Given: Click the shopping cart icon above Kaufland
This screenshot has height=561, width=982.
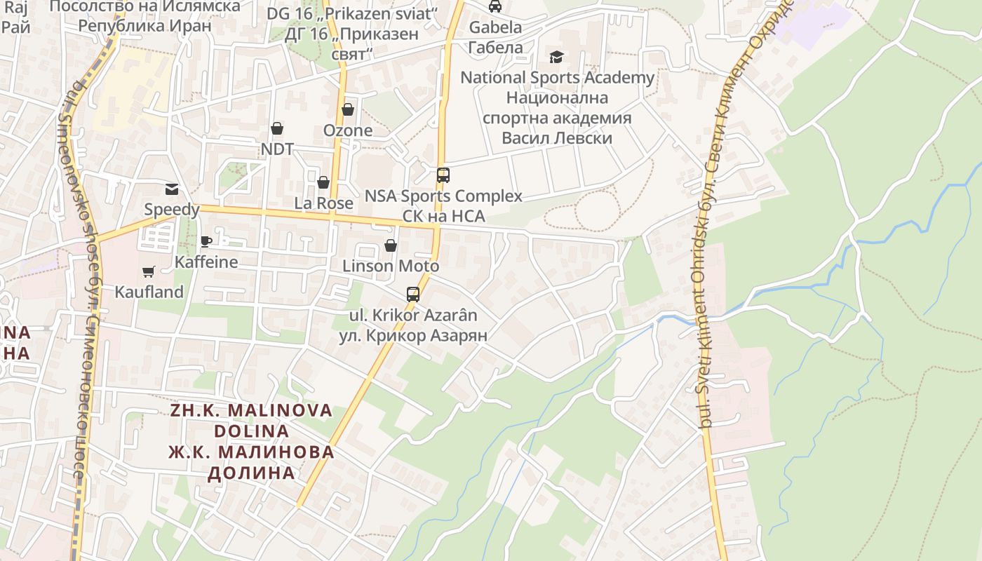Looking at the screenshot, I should (x=148, y=271).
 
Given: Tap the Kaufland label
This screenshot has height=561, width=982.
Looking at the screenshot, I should (x=149, y=292).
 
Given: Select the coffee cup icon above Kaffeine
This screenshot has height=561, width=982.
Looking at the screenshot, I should (x=206, y=241).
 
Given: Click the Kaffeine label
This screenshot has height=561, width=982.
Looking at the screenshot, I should (x=206, y=262).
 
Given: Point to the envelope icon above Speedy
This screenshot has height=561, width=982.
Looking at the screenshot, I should (x=172, y=189).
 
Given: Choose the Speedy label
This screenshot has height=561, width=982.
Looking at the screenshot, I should (x=172, y=209).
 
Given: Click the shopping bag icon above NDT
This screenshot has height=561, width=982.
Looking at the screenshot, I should (x=277, y=128).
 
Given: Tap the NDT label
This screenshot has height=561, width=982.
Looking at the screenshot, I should (x=277, y=149).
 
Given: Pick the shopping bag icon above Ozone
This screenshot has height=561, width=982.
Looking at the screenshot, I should (x=348, y=109).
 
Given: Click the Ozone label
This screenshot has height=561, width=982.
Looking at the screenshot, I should (x=348, y=130).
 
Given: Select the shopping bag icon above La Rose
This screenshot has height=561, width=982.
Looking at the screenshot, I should (x=323, y=182).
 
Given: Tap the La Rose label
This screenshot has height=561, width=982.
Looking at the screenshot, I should (x=323, y=203).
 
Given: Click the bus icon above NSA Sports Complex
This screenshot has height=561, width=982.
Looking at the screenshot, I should (x=443, y=175).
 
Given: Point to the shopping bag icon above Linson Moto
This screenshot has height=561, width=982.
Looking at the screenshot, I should (x=391, y=245).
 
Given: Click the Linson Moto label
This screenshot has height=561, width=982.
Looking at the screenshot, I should (x=391, y=266).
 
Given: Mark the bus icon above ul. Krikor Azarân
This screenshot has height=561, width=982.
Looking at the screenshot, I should (x=413, y=295).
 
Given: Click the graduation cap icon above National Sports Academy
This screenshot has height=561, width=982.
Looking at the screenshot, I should (x=557, y=57).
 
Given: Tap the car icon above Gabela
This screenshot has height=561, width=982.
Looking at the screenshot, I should (x=495, y=6).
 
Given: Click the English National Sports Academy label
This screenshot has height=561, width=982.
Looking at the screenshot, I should (x=557, y=78).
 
